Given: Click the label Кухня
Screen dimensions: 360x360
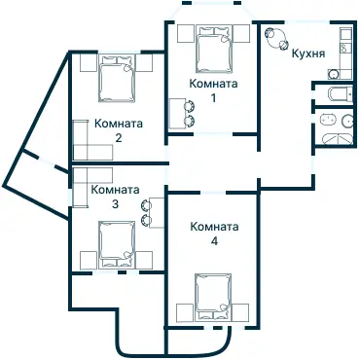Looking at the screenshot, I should (307, 54).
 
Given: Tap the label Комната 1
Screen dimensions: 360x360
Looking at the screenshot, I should (212, 90).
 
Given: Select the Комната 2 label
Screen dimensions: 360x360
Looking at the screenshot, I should (118, 130).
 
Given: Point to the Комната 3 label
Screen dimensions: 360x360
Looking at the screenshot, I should (115, 197).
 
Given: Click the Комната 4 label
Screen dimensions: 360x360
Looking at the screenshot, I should (214, 234).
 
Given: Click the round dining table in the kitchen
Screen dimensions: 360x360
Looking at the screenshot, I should (275, 39).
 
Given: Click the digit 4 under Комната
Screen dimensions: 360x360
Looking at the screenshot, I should (214, 240).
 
